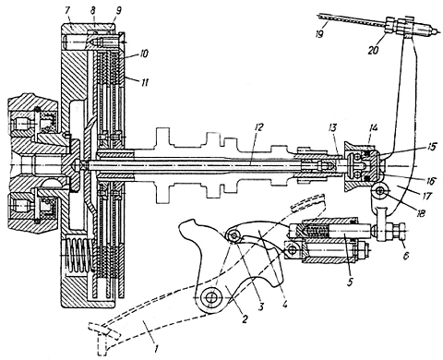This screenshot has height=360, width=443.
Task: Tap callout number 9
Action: point(118,10)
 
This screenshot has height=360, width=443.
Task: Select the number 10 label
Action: point(143,54)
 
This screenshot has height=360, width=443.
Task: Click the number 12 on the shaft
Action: point(258,127)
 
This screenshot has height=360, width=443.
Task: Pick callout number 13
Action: point(333,127)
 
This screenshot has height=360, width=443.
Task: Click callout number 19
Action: point(319,33)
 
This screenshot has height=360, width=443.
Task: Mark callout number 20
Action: point(373,49)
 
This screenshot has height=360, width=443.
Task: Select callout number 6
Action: point(406,255)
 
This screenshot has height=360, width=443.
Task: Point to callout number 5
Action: point(349,282)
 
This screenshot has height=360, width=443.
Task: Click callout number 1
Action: point(156,349)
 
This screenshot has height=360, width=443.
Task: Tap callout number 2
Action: point(245,318)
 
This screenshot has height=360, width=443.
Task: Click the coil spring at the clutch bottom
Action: point(79,256)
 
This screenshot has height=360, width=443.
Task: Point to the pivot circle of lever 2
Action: point(211,298)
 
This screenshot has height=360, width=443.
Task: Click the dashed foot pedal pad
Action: point(102,335)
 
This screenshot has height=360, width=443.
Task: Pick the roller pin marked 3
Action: point(234,236)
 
